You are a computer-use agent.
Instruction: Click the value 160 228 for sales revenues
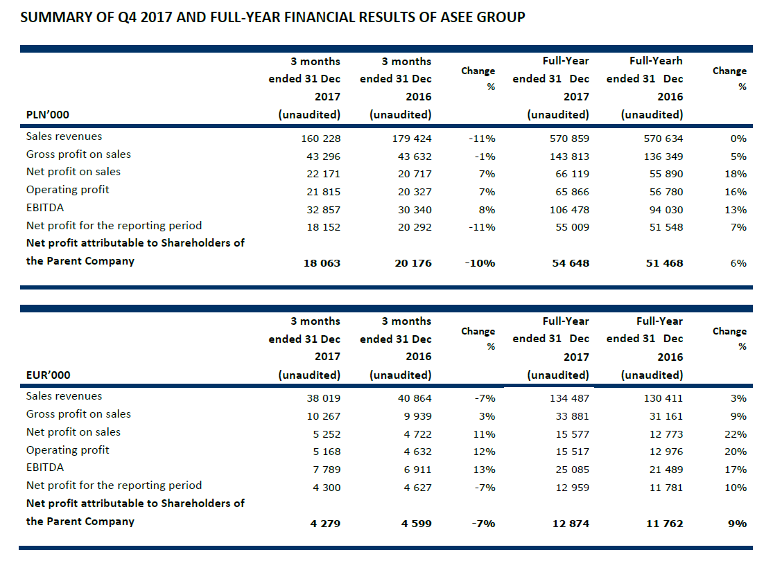(x=320, y=139)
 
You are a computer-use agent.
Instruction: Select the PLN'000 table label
(x=48, y=115)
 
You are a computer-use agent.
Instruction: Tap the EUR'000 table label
(x=48, y=375)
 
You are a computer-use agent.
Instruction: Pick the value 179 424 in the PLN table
(x=412, y=139)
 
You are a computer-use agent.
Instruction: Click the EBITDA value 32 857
(x=320, y=210)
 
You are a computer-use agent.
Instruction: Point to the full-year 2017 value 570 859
(x=568, y=139)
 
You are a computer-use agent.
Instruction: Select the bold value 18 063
(x=322, y=263)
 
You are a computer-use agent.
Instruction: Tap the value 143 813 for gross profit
(x=568, y=157)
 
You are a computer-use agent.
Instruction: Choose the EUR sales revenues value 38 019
(x=323, y=398)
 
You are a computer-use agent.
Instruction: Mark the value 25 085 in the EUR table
(x=571, y=470)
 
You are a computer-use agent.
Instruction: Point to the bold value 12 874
(x=570, y=524)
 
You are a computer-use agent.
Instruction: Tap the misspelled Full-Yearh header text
(x=655, y=61)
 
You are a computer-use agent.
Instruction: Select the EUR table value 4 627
(x=417, y=488)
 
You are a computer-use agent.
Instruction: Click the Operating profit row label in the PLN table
(x=67, y=190)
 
